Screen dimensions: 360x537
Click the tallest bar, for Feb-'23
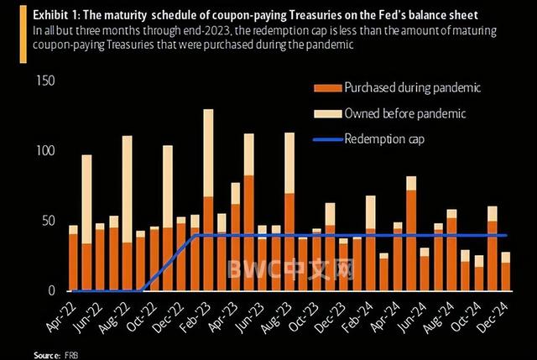click(x=208, y=201)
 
